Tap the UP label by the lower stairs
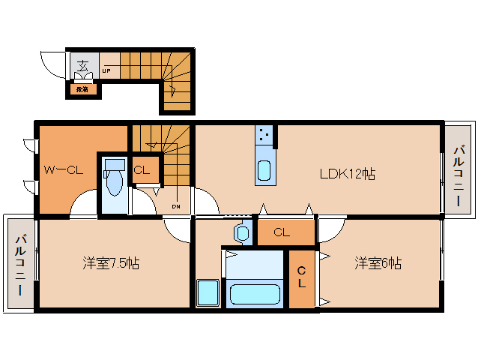(106, 72)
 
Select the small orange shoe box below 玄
(81, 89)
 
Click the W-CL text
(62, 169)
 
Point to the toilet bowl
(115, 181)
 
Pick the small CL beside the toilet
(142, 169)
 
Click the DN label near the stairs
(175, 206)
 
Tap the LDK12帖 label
(347, 174)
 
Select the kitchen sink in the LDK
(264, 171)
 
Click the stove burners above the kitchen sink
(264, 135)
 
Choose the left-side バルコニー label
(20, 265)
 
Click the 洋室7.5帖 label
(110, 264)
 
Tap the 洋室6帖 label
(378, 264)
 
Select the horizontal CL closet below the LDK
(283, 232)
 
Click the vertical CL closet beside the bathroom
(301, 278)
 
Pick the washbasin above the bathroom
(241, 233)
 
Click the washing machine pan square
(207, 292)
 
